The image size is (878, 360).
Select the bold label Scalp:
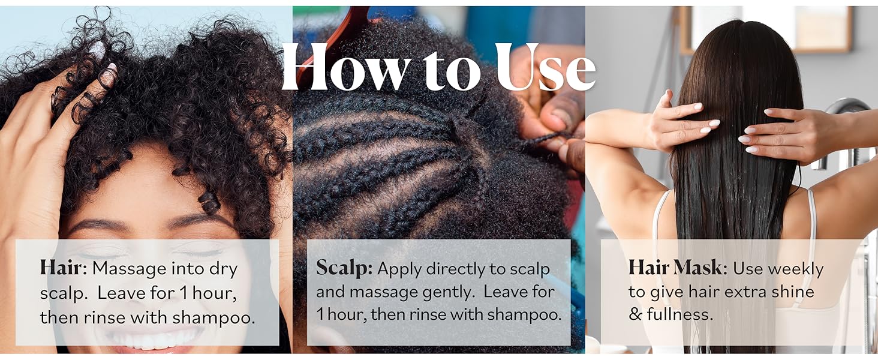point(344,269)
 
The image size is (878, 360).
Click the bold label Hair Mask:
point(678,268)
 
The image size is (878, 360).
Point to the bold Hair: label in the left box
point(64,268)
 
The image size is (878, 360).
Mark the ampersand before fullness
point(636,314)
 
